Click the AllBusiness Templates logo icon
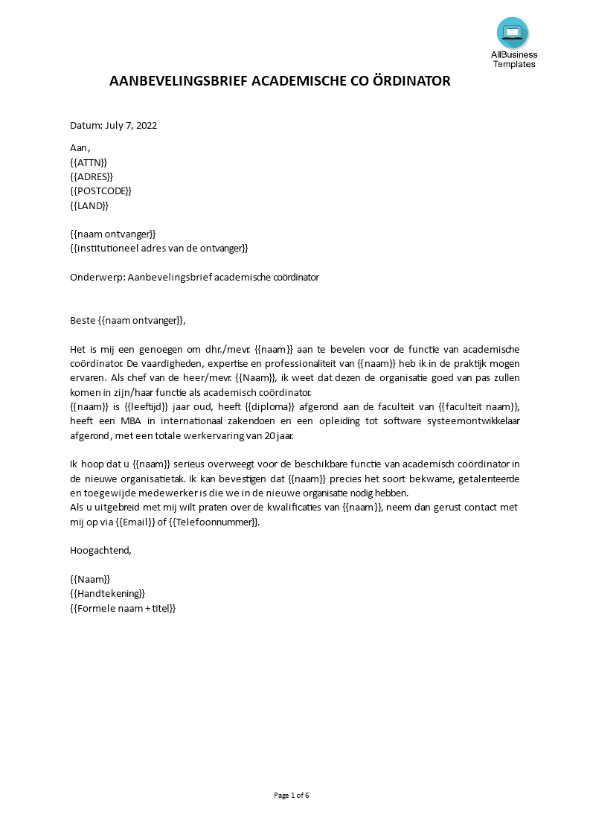click(x=513, y=33)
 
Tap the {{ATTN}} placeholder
click(x=89, y=162)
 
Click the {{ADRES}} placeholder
click(x=92, y=176)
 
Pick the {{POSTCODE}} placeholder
click(x=100, y=191)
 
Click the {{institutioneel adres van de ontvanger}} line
click(x=158, y=248)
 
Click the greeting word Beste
click(x=83, y=320)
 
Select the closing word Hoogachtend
click(x=100, y=550)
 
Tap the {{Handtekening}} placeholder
click(x=107, y=593)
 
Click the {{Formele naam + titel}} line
click(x=123, y=608)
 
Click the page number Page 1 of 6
click(x=292, y=795)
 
